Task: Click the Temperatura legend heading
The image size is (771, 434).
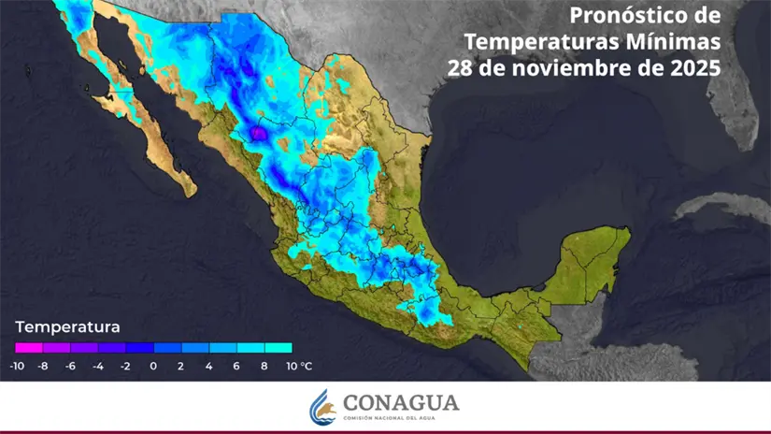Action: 67,327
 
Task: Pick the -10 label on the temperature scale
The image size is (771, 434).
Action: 16,366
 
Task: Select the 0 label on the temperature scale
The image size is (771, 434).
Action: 153,366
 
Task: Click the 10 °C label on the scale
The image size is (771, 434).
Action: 299,366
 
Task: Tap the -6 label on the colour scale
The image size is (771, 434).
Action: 70,366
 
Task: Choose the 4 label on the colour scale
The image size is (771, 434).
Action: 208,366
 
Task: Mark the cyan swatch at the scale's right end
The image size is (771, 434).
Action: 278,348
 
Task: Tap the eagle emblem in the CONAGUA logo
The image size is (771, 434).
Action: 321,406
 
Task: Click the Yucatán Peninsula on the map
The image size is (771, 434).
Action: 593,257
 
